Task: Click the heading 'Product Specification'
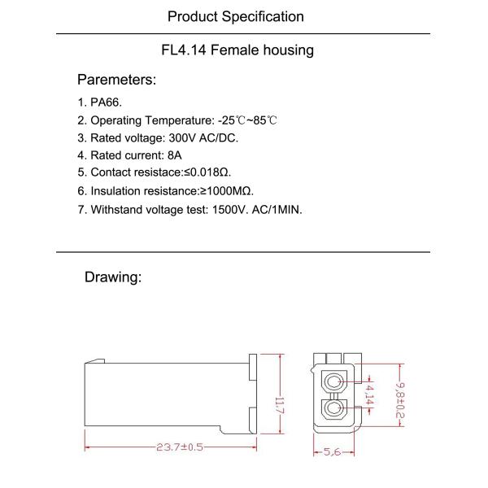235,16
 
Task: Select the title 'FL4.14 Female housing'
237,50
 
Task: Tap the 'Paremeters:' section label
116,80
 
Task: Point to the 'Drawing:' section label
113,277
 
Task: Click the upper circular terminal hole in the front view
333,383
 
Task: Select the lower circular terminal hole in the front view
333,409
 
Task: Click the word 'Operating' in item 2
117,120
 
